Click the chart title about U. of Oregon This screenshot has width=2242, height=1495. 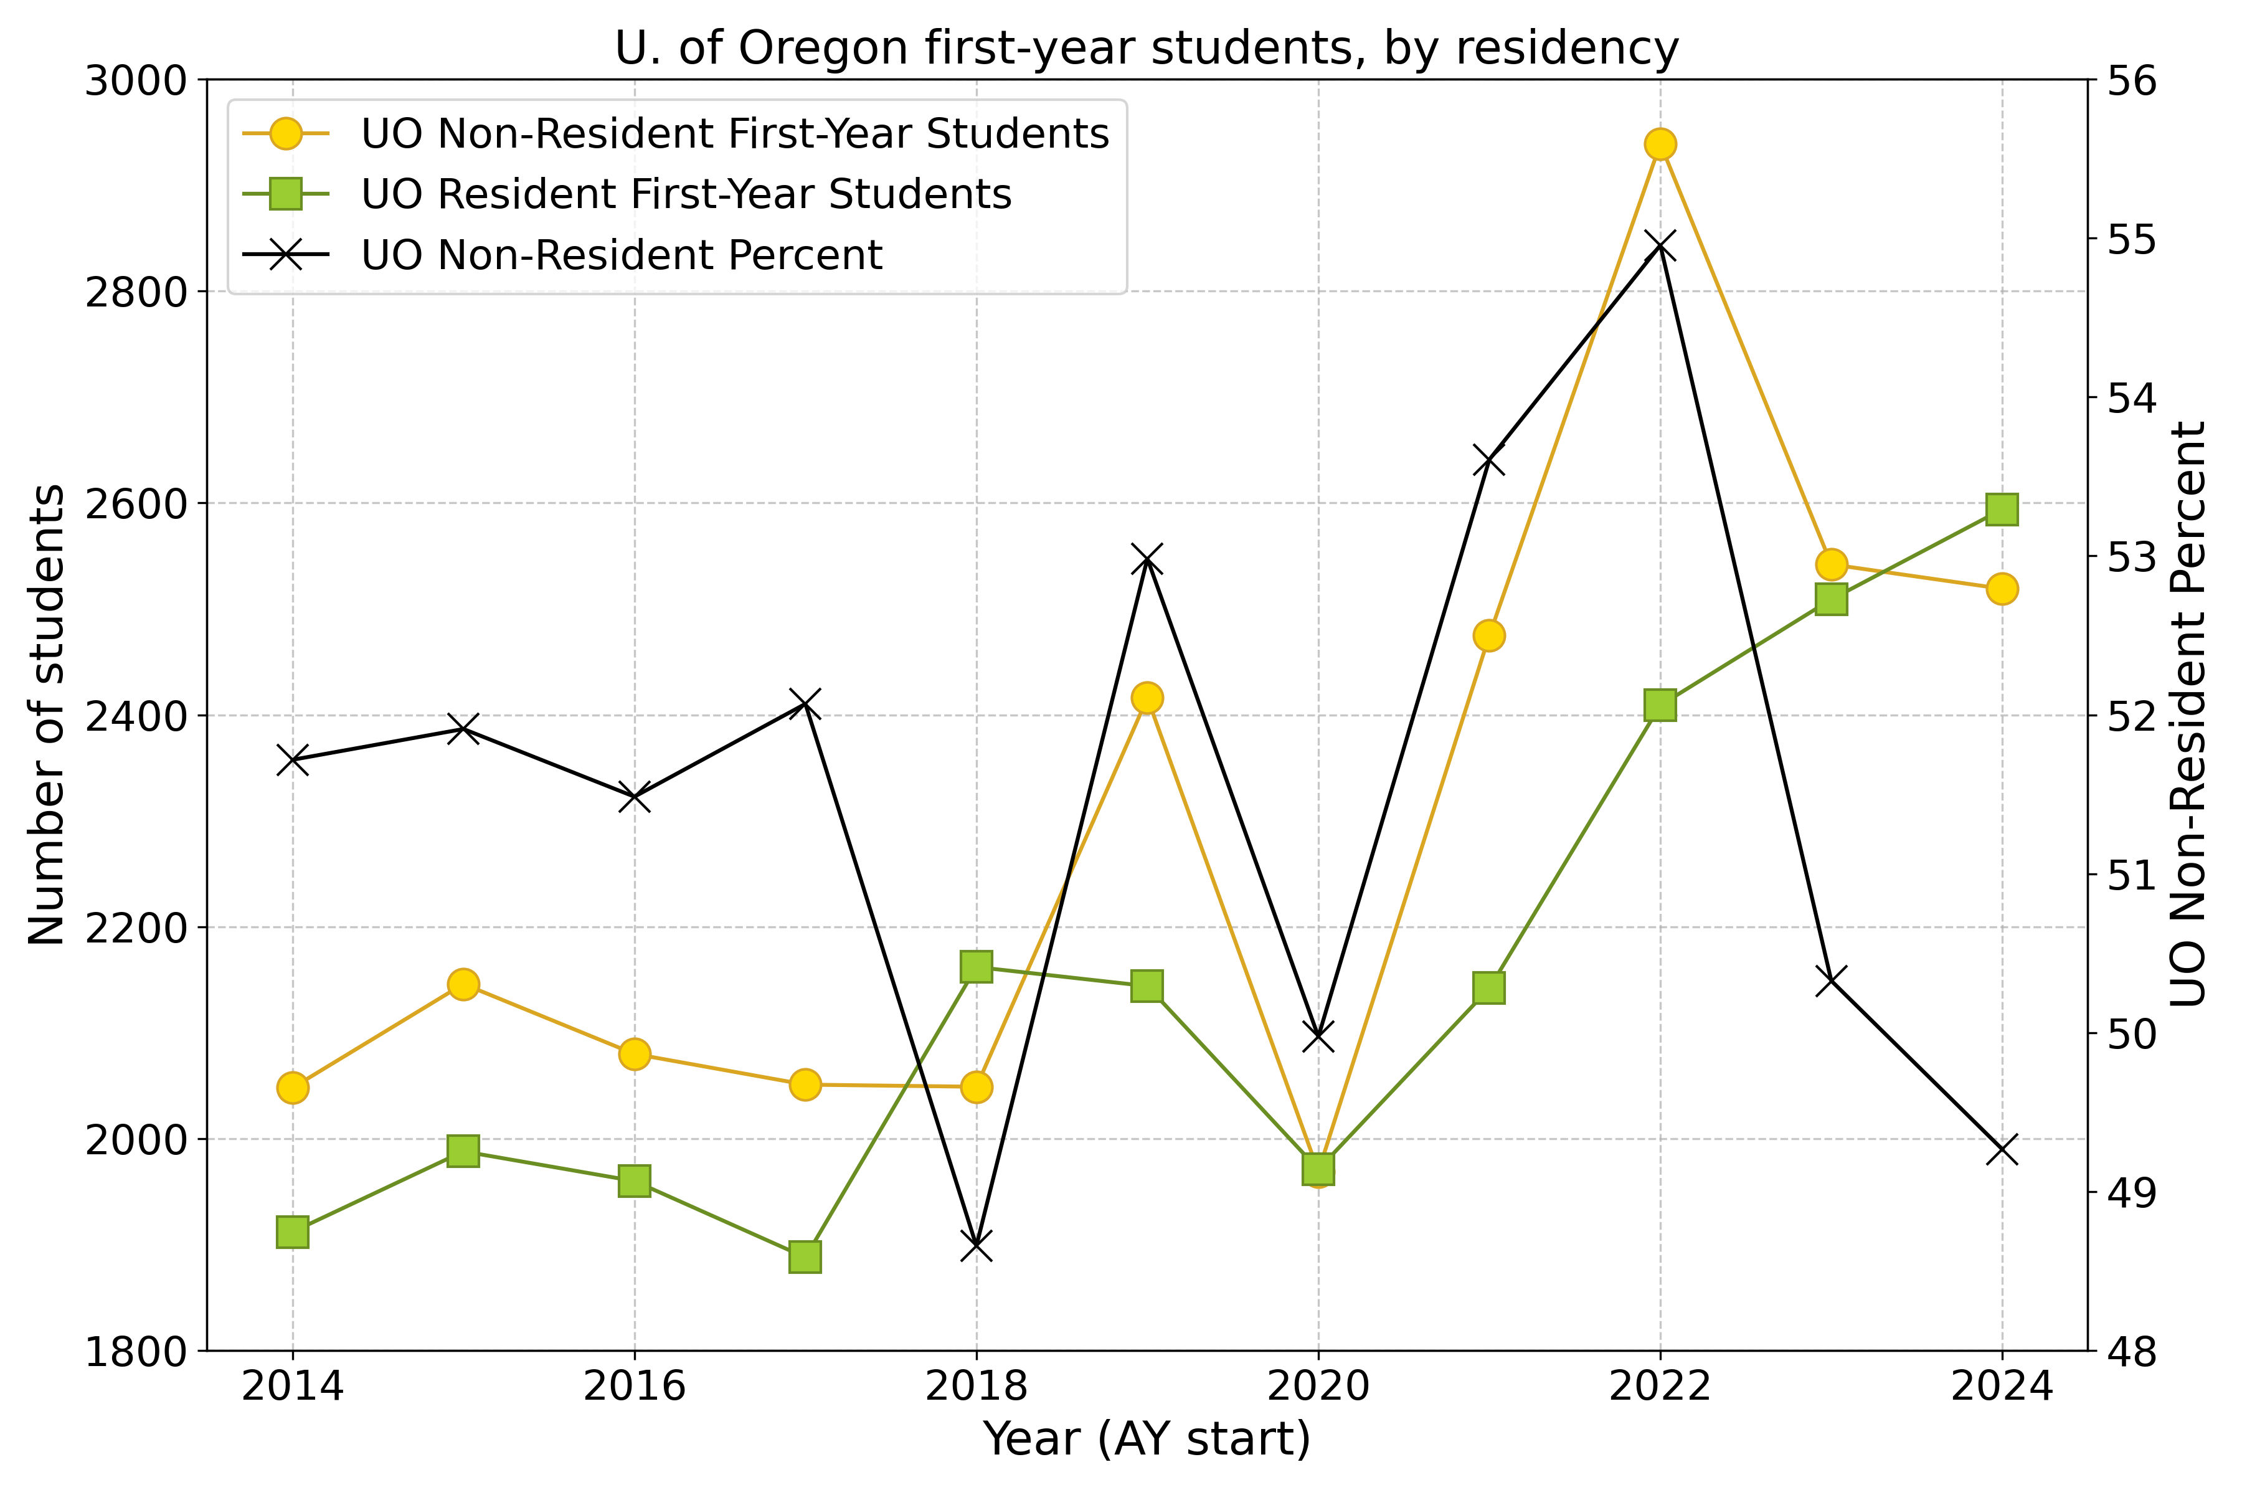pos(1147,48)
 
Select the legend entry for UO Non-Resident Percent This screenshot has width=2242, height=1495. pos(622,255)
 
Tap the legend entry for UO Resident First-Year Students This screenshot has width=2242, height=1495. pos(686,194)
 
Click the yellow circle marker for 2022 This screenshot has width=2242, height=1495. pos(1660,144)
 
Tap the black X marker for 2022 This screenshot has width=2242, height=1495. pos(1660,246)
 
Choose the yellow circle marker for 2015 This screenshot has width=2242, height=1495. pos(463,984)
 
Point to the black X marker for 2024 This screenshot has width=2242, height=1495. pos(2002,1151)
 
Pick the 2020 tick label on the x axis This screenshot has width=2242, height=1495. pos(1318,1387)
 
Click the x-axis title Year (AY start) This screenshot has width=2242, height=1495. pos(1147,1440)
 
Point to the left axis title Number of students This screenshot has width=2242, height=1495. pos(45,715)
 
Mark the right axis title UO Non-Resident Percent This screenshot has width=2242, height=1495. pos(2188,715)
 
